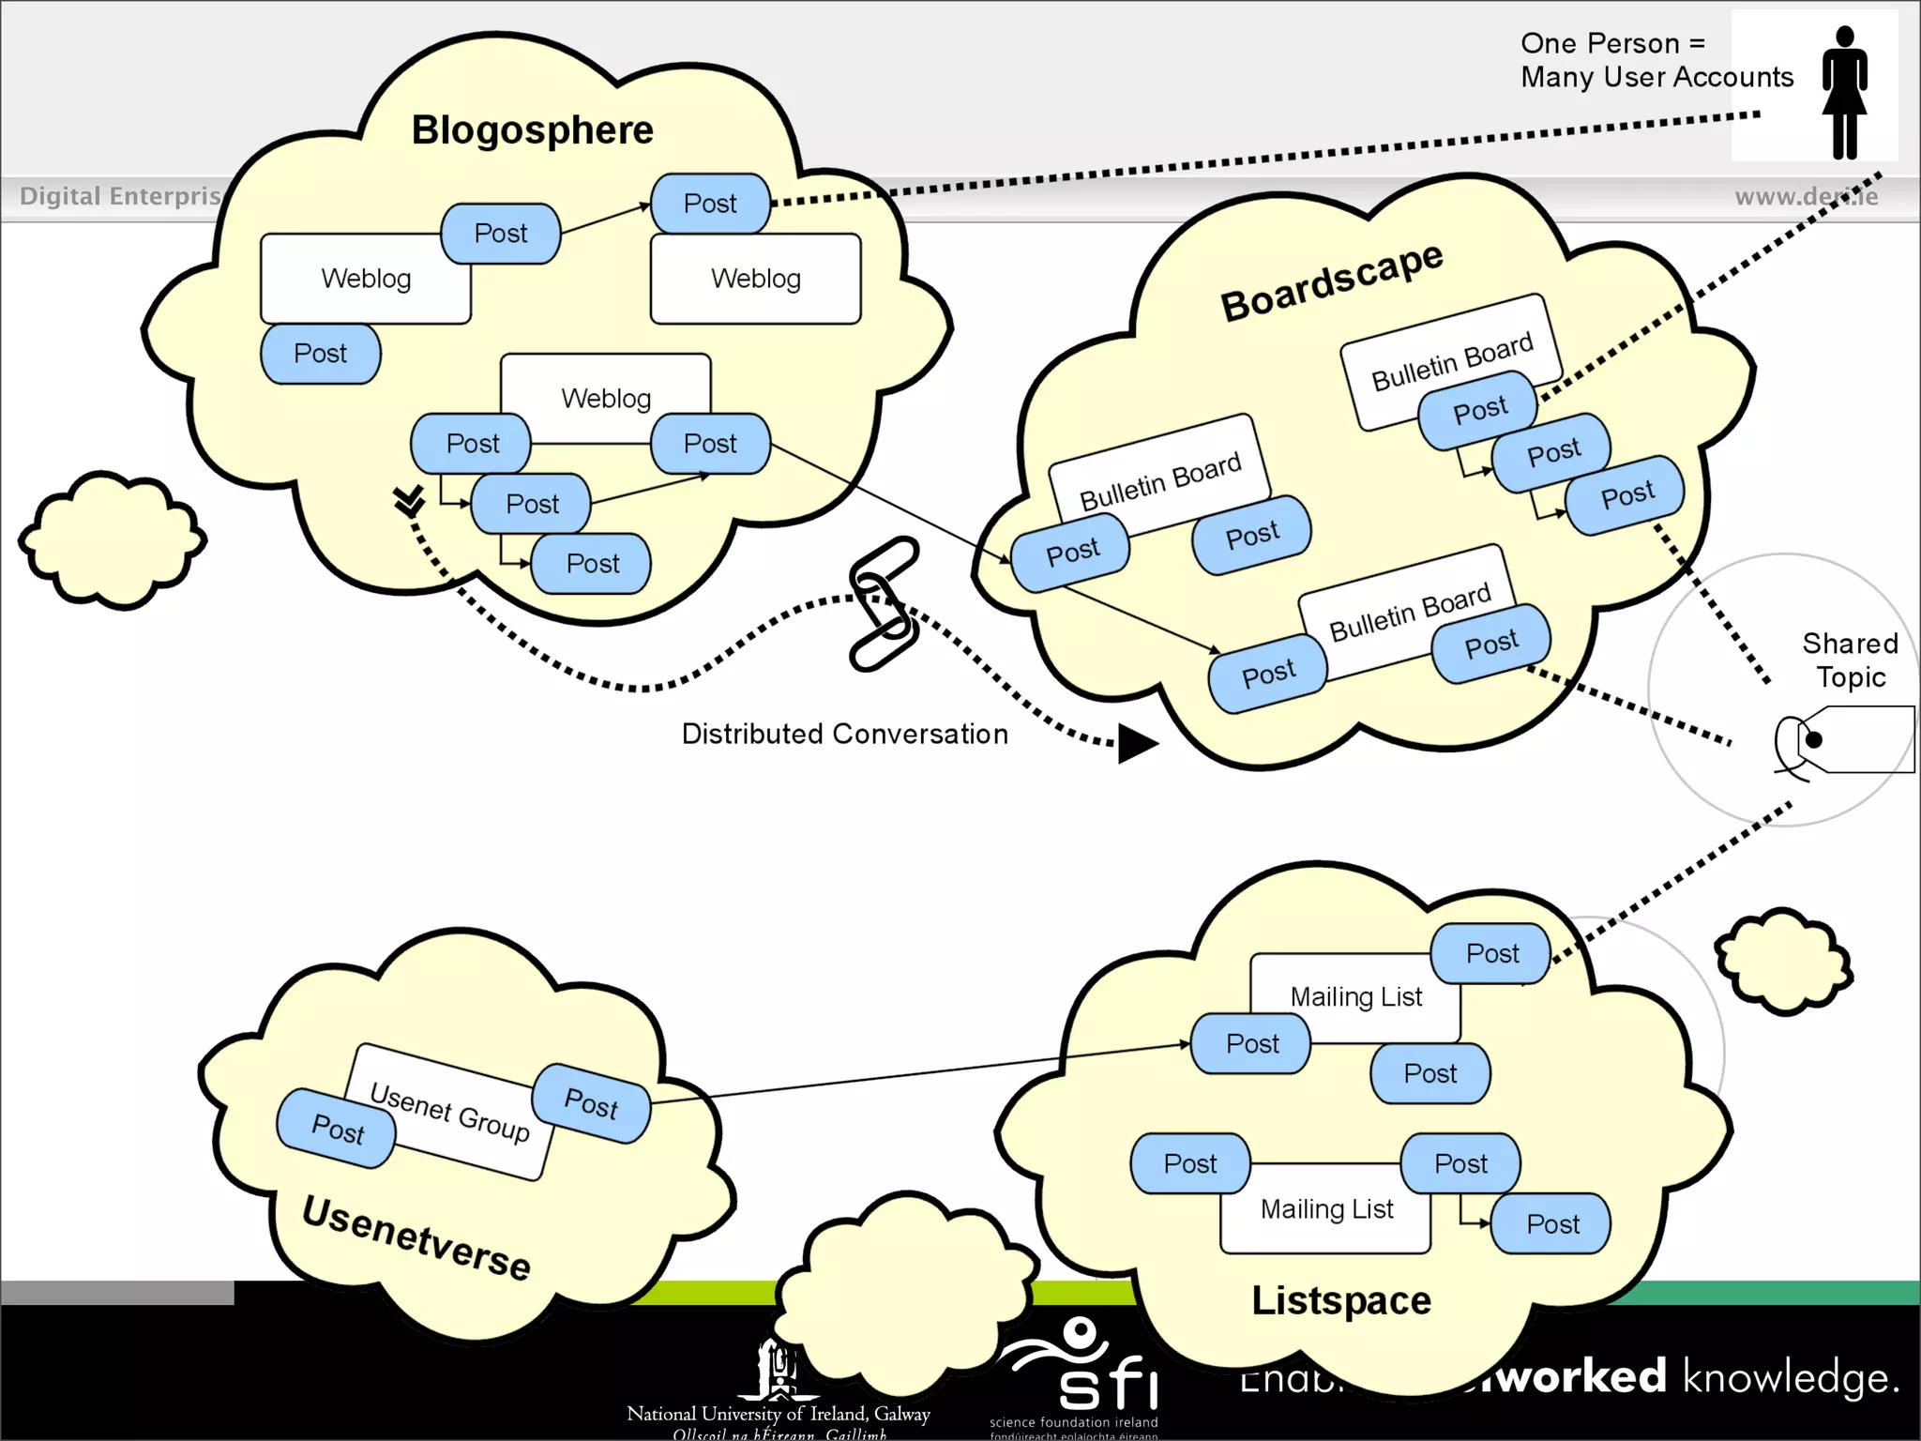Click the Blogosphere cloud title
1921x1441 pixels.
(532, 129)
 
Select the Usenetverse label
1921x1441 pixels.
(416, 1238)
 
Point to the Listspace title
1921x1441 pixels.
(1341, 1300)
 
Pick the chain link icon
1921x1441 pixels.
(884, 603)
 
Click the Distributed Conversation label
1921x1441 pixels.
(844, 734)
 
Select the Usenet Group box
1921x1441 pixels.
(448, 1112)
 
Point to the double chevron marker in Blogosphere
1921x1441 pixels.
(409, 500)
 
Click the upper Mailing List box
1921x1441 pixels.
(1355, 996)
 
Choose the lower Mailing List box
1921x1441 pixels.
(1326, 1209)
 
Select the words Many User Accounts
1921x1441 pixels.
(1656, 77)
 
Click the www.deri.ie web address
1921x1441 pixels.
(1806, 196)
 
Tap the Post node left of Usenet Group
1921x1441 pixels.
(337, 1129)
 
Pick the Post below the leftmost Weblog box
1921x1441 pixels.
(320, 354)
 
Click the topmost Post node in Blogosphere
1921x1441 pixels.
(710, 204)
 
